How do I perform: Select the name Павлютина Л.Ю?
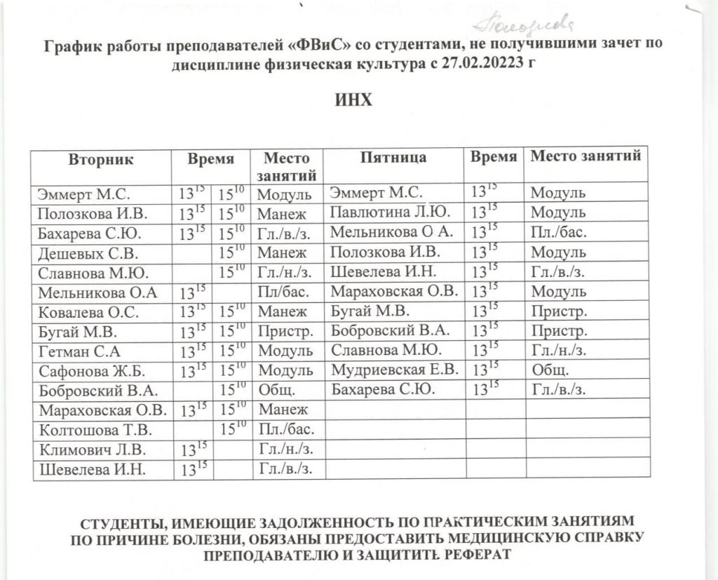(x=391, y=211)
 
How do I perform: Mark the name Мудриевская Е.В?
(x=395, y=368)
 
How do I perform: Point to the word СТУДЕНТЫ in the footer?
(x=128, y=522)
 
